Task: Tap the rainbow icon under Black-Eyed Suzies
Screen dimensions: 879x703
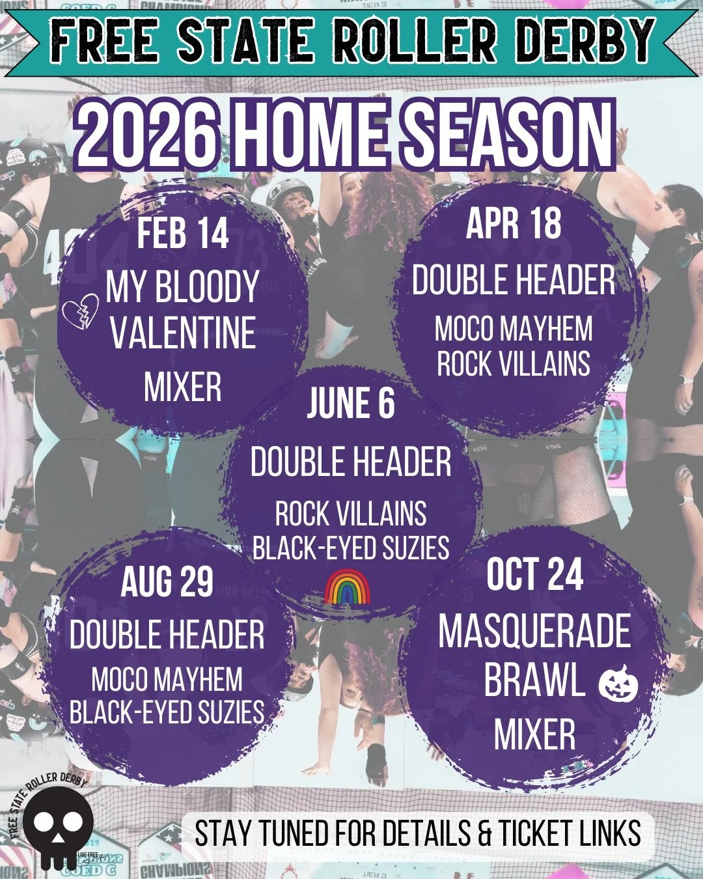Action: pyautogui.click(x=347, y=588)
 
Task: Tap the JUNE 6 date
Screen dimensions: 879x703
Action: pyautogui.click(x=351, y=403)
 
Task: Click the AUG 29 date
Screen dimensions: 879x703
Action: pyautogui.click(x=167, y=581)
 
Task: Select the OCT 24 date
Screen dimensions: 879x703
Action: pyautogui.click(x=534, y=574)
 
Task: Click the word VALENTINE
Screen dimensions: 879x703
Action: pyautogui.click(x=183, y=333)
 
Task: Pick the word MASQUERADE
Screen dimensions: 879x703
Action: pyautogui.click(x=534, y=631)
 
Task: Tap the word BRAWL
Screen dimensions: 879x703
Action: pyautogui.click(x=534, y=681)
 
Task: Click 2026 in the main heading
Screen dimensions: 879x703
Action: pyautogui.click(x=145, y=136)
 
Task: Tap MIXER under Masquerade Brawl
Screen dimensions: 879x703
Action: pyautogui.click(x=534, y=734)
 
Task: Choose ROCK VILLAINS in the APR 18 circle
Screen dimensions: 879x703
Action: pyautogui.click(x=514, y=363)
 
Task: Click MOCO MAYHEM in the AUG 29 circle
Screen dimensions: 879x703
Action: pyautogui.click(x=167, y=680)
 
